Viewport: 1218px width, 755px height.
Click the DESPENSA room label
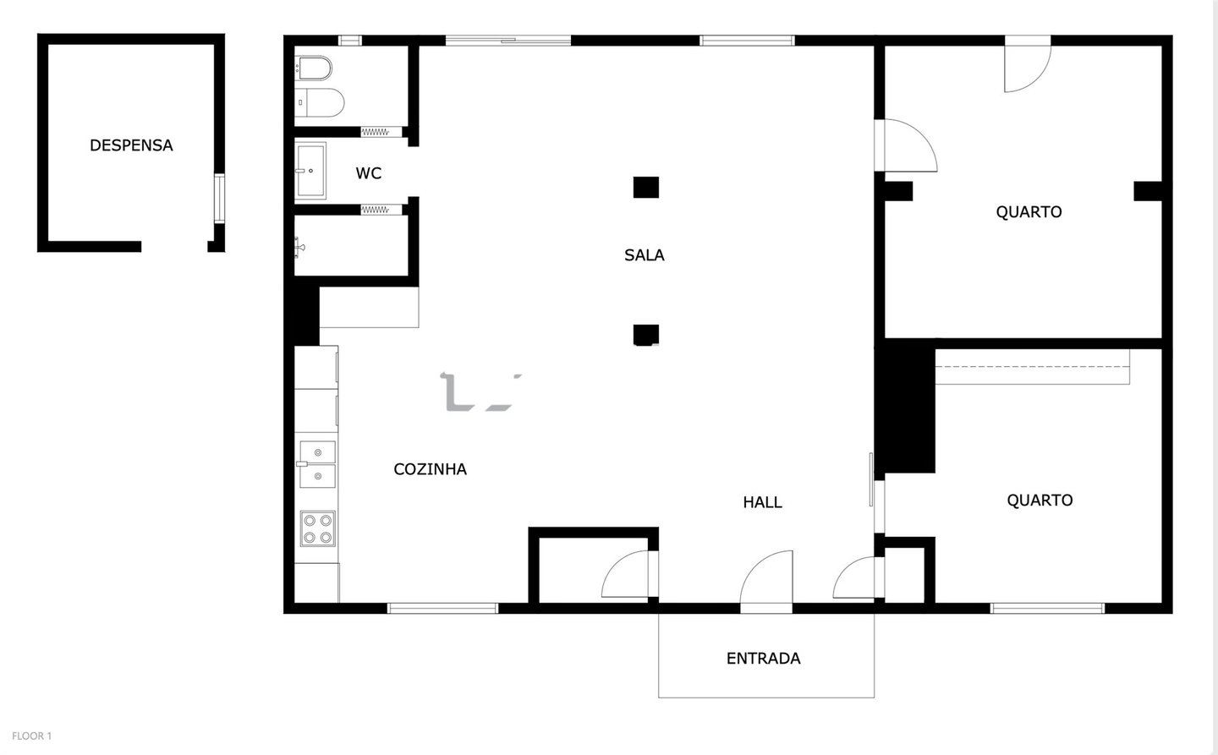pyautogui.click(x=131, y=145)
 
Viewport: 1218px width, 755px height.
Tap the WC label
pyautogui.click(x=368, y=173)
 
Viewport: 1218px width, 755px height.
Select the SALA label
pyautogui.click(x=644, y=255)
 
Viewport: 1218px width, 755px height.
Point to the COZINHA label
pyautogui.click(x=430, y=469)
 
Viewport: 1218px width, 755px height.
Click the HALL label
pyautogui.click(x=762, y=502)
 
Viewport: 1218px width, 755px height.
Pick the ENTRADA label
pyautogui.click(x=764, y=659)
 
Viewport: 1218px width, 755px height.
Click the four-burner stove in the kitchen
pyautogui.click(x=317, y=528)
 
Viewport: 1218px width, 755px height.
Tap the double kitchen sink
pyautogui.click(x=317, y=464)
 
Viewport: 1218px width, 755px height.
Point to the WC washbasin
pyautogui.click(x=310, y=171)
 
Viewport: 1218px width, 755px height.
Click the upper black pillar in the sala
pyautogui.click(x=646, y=188)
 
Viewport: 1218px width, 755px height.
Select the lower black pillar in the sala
pyautogui.click(x=646, y=335)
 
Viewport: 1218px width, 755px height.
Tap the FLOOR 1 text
pyautogui.click(x=31, y=736)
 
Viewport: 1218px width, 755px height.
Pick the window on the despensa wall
pyautogui.click(x=219, y=199)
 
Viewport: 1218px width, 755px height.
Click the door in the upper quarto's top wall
pyautogui.click(x=1027, y=63)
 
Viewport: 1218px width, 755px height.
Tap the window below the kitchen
pyautogui.click(x=442, y=608)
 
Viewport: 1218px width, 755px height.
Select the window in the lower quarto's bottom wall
pyautogui.click(x=1047, y=608)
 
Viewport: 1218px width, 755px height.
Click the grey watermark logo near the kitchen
pyautogui.click(x=481, y=392)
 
